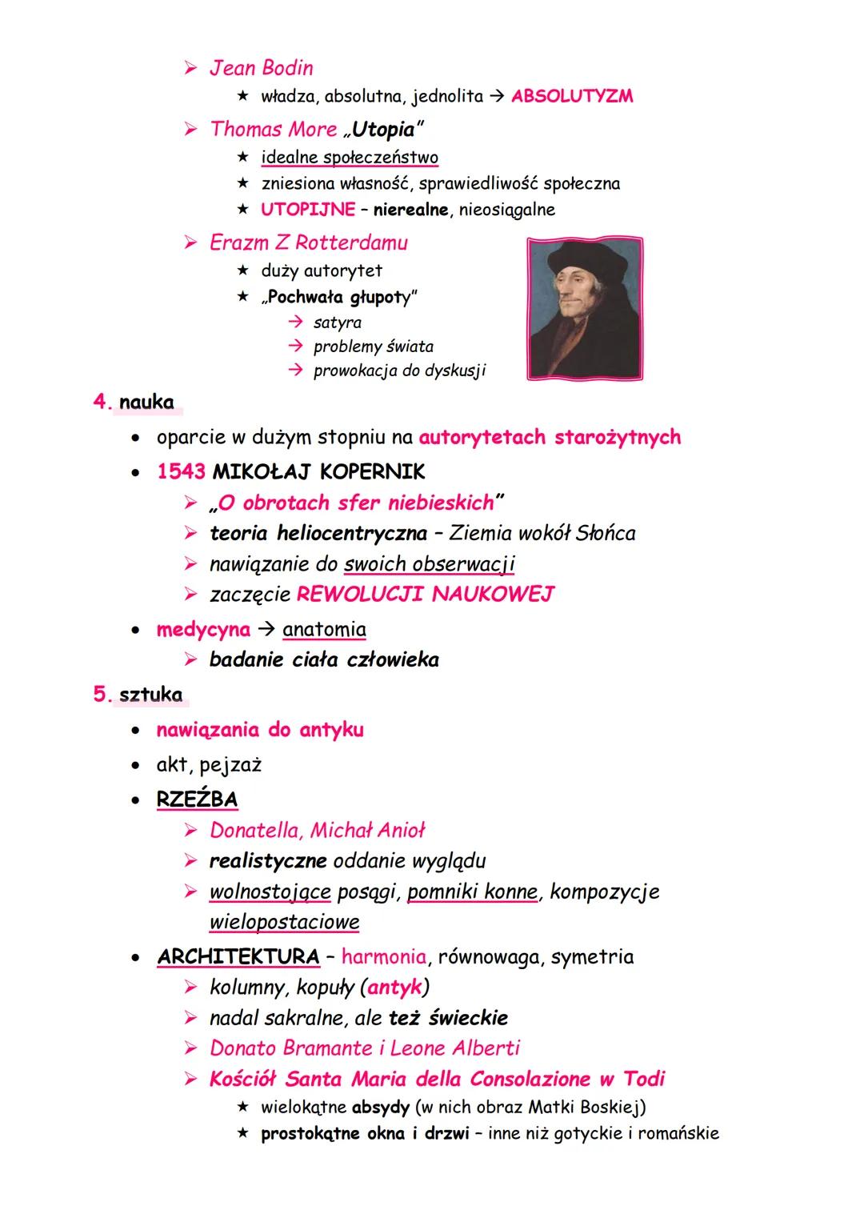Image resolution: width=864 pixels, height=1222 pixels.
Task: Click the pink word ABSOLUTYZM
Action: point(572,96)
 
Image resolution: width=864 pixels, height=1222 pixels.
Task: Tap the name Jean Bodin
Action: point(261,68)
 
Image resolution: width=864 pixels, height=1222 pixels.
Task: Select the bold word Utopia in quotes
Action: point(383,129)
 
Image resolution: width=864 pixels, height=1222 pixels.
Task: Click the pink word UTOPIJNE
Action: point(308,210)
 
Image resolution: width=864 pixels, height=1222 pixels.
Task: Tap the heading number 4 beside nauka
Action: point(101,402)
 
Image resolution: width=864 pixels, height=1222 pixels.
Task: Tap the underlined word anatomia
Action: point(324,630)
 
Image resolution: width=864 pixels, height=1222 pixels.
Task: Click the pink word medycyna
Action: point(203,630)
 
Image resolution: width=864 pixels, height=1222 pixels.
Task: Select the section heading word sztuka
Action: point(150,695)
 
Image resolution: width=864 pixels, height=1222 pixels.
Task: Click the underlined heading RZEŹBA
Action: point(197,799)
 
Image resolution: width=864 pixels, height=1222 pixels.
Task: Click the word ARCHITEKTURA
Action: point(238,957)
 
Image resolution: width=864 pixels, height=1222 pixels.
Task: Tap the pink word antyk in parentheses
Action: point(394,988)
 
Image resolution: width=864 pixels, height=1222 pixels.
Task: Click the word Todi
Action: point(644,1079)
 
